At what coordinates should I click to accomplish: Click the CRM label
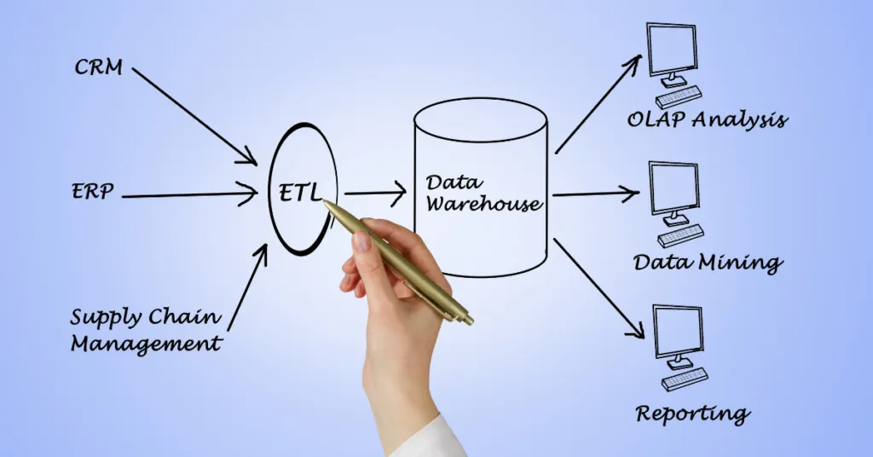pyautogui.click(x=98, y=67)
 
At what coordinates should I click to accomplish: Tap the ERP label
pyautogui.click(x=91, y=191)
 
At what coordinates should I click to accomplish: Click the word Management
pyautogui.click(x=146, y=345)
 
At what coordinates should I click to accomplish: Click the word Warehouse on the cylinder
pyautogui.click(x=483, y=205)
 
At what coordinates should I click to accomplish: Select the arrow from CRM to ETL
pyautogui.click(x=194, y=115)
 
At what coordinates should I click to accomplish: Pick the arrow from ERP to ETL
pyautogui.click(x=189, y=196)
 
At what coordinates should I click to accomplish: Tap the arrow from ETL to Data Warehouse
pyautogui.click(x=375, y=195)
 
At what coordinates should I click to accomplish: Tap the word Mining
pyautogui.click(x=739, y=263)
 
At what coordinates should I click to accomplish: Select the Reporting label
pyautogui.click(x=692, y=414)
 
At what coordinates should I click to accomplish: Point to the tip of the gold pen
pyautogui.click(x=325, y=203)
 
